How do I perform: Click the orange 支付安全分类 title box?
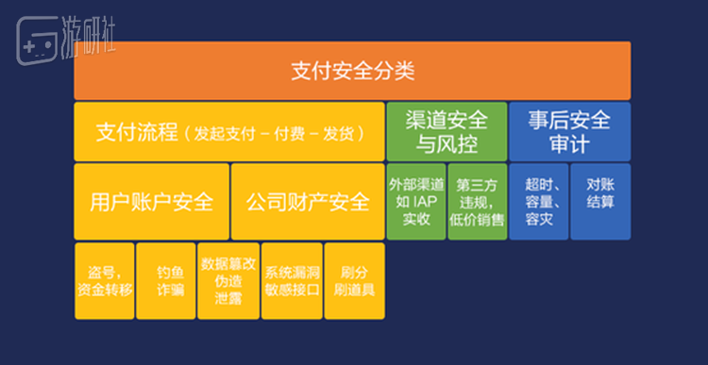[x=352, y=71]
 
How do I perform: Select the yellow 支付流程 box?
[x=229, y=132]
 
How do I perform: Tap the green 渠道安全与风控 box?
[x=447, y=132]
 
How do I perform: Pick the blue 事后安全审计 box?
[x=569, y=132]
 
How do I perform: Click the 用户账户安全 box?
[x=151, y=202]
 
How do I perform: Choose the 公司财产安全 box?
[x=308, y=202]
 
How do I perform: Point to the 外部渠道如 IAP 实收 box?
[x=416, y=202]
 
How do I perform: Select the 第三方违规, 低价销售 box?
[x=478, y=202]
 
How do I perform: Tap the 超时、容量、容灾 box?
[x=538, y=202]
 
